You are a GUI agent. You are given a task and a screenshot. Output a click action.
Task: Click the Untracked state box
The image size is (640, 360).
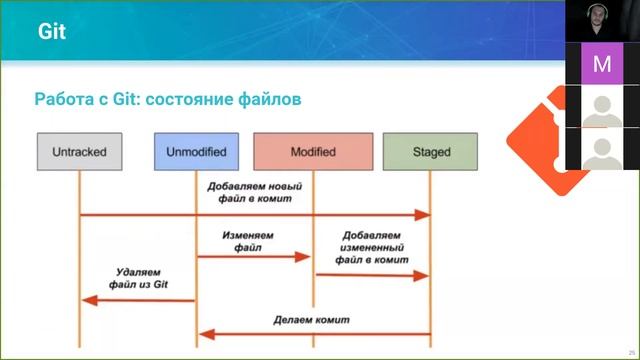pyautogui.click(x=79, y=152)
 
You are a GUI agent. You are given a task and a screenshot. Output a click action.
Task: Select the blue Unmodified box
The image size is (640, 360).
pyautogui.click(x=196, y=152)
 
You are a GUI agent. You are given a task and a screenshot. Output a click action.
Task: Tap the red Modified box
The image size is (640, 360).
pyautogui.click(x=313, y=152)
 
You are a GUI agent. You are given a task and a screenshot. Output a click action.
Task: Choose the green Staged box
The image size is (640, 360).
pyautogui.click(x=430, y=152)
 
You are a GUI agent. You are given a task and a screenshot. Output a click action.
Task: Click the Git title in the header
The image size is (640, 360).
pyautogui.click(x=52, y=31)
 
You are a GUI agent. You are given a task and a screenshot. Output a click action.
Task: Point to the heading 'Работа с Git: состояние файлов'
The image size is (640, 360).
pyautogui.click(x=168, y=100)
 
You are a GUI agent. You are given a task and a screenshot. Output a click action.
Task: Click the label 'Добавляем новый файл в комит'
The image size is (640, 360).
pyautogui.click(x=254, y=192)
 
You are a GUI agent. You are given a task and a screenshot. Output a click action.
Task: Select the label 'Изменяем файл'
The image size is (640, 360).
pyautogui.click(x=248, y=241)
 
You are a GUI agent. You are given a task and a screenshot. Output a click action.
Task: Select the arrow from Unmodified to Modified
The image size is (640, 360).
pyautogui.click(x=254, y=257)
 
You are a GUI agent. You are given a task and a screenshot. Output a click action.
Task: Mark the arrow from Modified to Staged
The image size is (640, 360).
pyautogui.click(x=372, y=275)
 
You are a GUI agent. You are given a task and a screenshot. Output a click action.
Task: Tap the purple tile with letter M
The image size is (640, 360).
pyautogui.click(x=602, y=64)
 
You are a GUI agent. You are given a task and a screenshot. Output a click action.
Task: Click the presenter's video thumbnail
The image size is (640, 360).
pyautogui.click(x=602, y=21)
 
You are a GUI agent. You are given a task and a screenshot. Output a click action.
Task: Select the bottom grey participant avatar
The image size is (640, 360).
pyautogui.click(x=602, y=149)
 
